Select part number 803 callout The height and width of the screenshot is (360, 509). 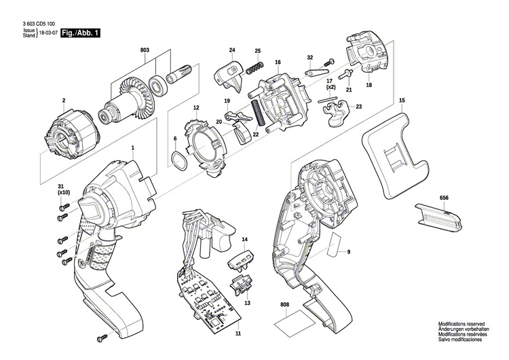(145, 50)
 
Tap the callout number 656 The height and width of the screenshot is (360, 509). (444, 197)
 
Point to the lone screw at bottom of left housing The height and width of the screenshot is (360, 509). (102, 338)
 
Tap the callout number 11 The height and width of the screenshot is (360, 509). (238, 335)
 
